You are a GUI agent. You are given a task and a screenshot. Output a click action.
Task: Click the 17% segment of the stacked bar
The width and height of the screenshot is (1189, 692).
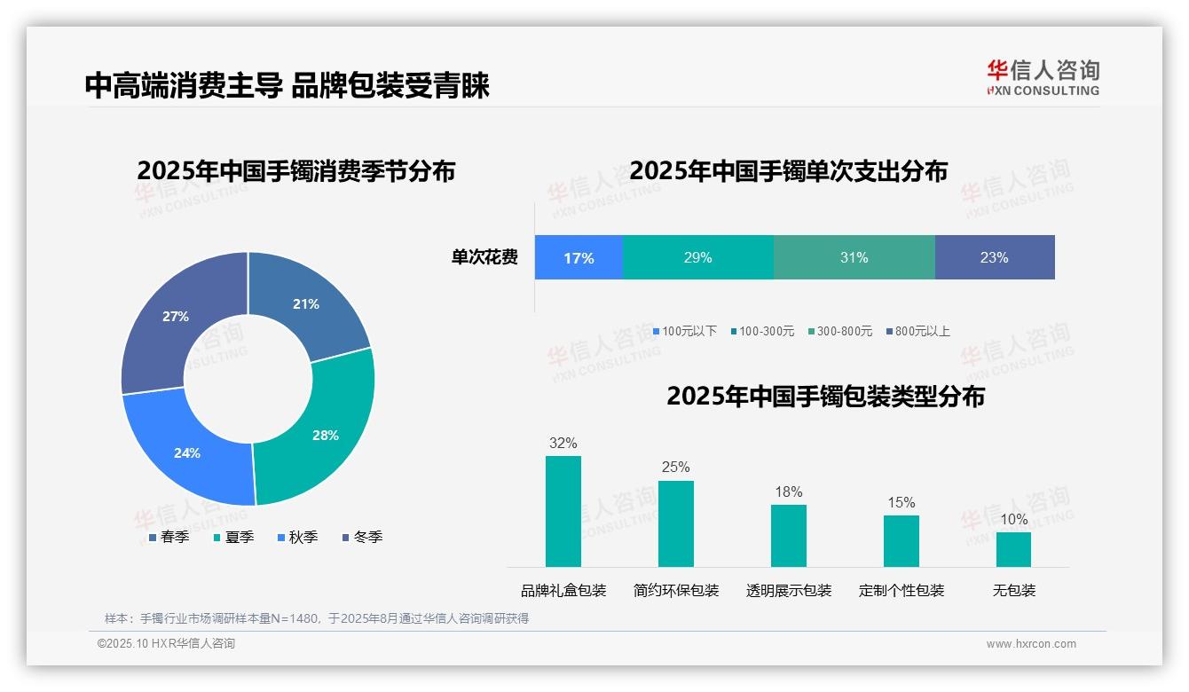(579, 257)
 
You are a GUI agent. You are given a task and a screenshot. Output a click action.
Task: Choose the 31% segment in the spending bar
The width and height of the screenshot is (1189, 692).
(854, 257)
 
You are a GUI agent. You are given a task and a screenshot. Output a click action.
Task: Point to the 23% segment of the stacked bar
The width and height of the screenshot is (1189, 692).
(994, 257)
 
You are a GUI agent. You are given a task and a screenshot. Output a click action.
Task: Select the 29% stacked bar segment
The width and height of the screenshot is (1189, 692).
(697, 257)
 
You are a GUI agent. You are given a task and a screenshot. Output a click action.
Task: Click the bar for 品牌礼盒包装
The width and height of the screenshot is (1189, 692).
(563, 511)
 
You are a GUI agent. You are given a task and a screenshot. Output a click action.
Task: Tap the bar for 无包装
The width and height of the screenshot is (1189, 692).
(1013, 549)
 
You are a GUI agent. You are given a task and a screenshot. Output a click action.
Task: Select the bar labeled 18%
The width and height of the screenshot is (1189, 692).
(788, 535)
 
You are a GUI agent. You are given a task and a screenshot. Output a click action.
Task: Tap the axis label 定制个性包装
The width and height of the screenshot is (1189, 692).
(902, 590)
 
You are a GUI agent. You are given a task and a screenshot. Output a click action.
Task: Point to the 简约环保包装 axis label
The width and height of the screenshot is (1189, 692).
(676, 590)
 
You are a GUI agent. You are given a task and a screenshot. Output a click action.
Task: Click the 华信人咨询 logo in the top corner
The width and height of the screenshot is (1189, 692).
(1043, 76)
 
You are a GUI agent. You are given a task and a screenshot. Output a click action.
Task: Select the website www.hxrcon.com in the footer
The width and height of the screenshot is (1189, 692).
(1031, 644)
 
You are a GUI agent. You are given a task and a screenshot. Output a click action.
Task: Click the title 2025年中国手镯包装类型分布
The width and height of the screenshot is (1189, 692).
(825, 396)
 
